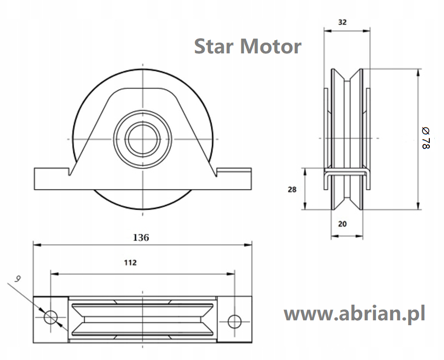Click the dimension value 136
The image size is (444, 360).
[x=141, y=238]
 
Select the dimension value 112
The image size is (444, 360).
[x=130, y=263]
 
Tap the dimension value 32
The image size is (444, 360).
[x=342, y=22]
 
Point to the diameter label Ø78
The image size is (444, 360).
[x=426, y=138]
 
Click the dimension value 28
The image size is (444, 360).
[x=292, y=190]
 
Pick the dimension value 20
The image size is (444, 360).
[x=342, y=224]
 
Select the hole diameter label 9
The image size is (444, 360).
[x=18, y=279]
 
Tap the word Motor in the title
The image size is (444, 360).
[x=271, y=47]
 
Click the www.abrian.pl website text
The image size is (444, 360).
[x=354, y=314]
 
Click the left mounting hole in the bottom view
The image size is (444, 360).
[x=51, y=317]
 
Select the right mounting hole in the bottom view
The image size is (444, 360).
[x=235, y=321]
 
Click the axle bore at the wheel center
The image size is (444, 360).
[x=143, y=139]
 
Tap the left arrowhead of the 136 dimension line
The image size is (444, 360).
[x=37, y=245]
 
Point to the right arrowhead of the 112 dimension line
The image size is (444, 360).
[x=231, y=274]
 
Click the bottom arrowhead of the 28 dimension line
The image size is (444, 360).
[x=305, y=206]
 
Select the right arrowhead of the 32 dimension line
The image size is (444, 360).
[x=367, y=30]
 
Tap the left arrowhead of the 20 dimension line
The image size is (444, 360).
[x=335, y=236]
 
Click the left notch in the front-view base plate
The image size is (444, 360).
[x=69, y=172]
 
